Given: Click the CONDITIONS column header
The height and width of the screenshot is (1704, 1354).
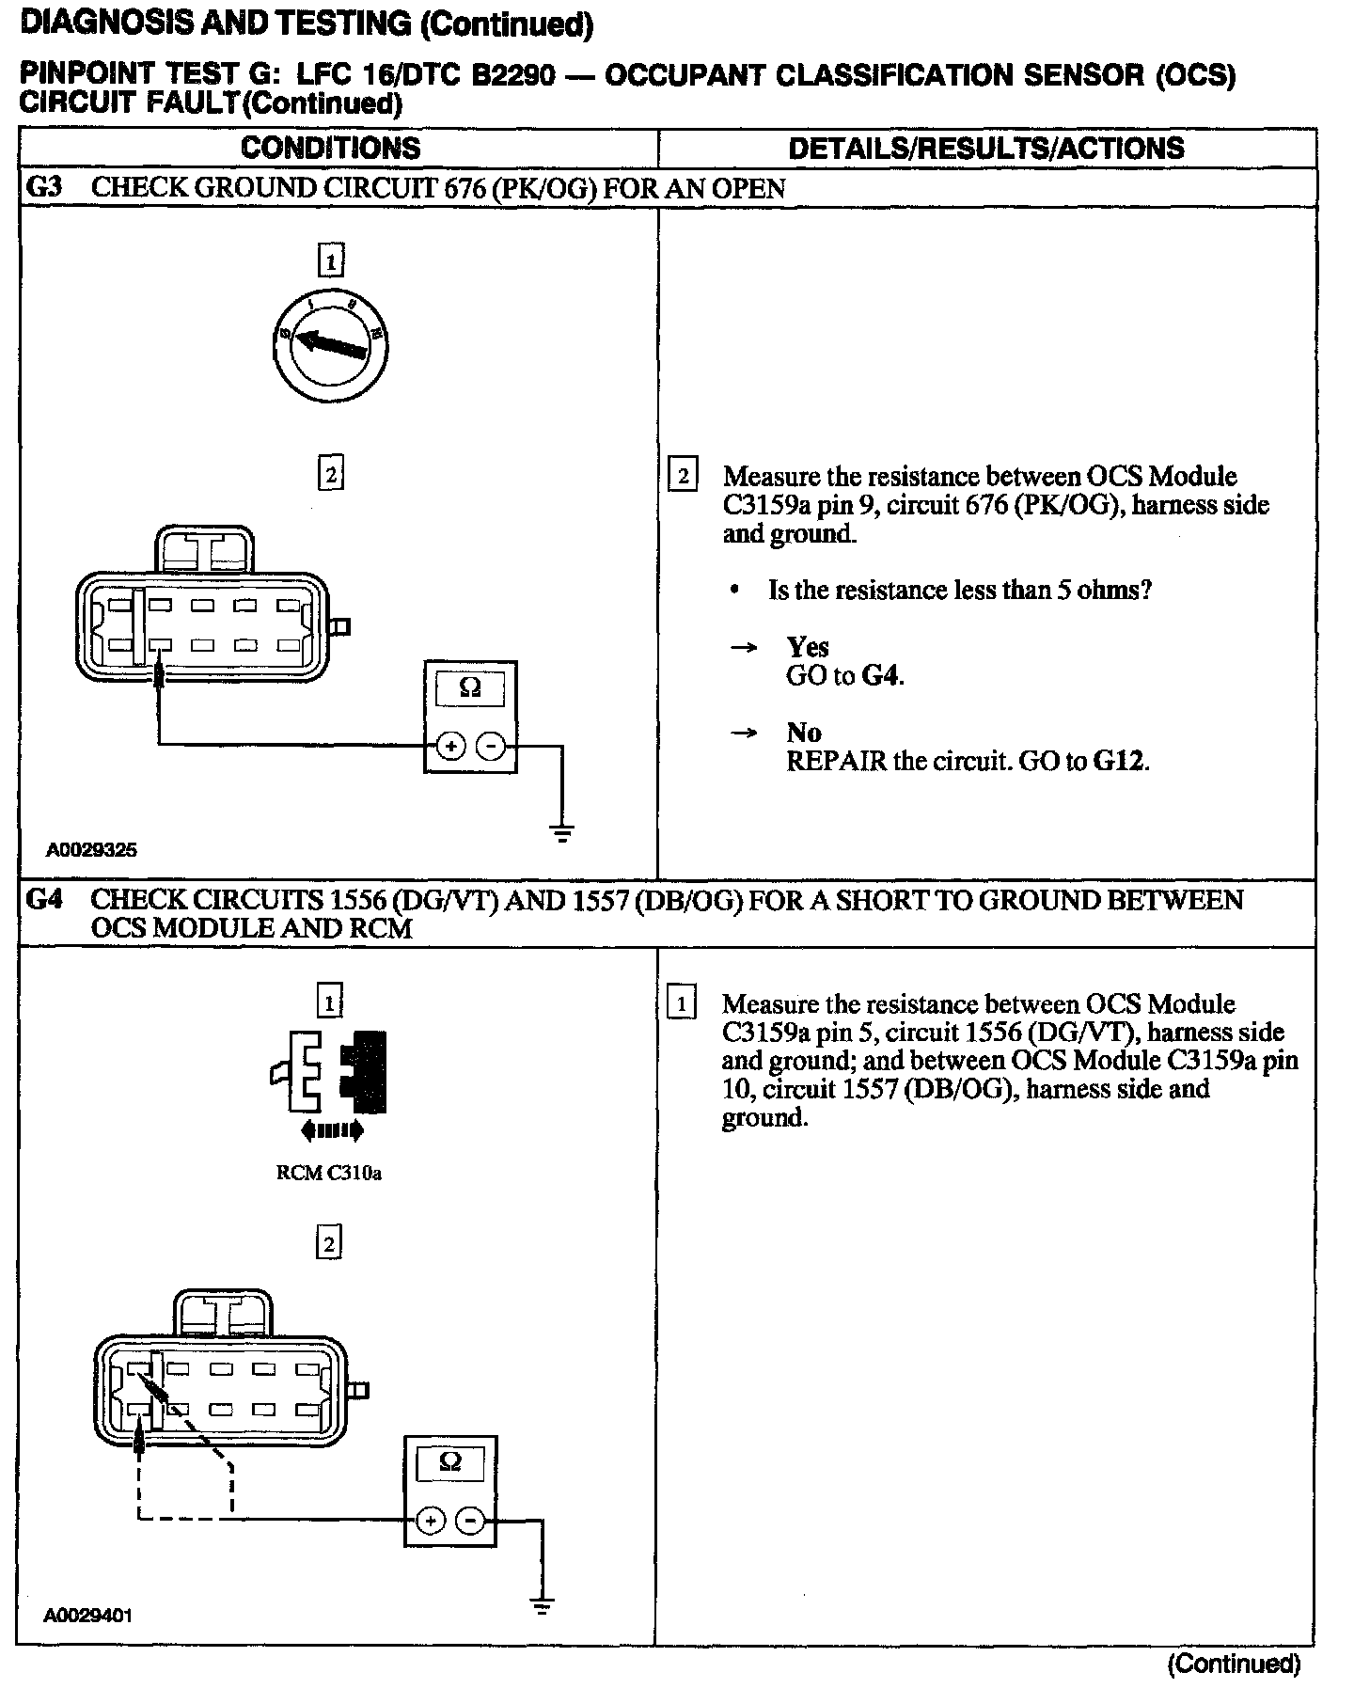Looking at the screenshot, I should point(331,148).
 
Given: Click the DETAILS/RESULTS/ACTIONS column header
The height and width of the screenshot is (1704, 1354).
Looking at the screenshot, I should point(985,148).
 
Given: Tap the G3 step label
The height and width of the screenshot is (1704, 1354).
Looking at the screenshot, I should point(43,187).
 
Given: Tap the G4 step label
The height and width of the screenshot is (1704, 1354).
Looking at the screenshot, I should point(43,900).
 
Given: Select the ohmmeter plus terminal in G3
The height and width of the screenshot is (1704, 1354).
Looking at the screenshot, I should point(450,747).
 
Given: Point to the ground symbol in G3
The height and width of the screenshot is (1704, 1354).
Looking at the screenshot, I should point(562,832).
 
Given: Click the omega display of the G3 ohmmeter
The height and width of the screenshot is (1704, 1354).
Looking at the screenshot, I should point(469,689).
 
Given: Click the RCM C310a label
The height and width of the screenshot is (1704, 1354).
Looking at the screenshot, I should point(329,1173).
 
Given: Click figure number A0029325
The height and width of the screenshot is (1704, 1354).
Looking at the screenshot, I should point(91,849).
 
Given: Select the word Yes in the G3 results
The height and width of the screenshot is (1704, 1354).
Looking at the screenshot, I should point(808,647).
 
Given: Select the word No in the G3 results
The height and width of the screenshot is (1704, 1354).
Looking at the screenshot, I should point(804,733).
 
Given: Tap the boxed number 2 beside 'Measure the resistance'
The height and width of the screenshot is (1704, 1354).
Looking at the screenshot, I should point(682,476).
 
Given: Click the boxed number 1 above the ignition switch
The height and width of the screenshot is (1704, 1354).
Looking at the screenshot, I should point(330,260).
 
